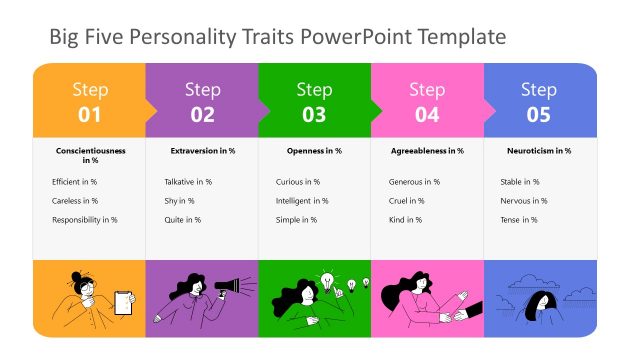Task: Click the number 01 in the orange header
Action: pyautogui.click(x=89, y=115)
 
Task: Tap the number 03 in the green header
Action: pyautogui.click(x=314, y=115)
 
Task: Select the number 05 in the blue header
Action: pyautogui.click(x=538, y=115)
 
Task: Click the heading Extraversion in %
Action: pyautogui.click(x=202, y=151)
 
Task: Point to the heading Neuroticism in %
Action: pyautogui.click(x=538, y=151)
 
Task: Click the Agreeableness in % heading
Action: pyautogui.click(x=426, y=151)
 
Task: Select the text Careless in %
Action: pyautogui.click(x=75, y=201)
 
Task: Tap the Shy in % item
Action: pyautogui.click(x=179, y=201)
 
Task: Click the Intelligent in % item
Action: pyautogui.click(x=302, y=201)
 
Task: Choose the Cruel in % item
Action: pyautogui.click(x=406, y=201)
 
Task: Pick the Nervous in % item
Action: pyautogui.click(x=523, y=201)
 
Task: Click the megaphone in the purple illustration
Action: pyautogui.click(x=229, y=287)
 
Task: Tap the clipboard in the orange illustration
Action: pyautogui.click(x=124, y=301)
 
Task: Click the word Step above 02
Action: pyautogui.click(x=202, y=90)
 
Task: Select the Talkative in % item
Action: pyautogui.click(x=188, y=182)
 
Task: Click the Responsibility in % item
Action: pyautogui.click(x=85, y=220)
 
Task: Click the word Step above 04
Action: pyautogui.click(x=426, y=90)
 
